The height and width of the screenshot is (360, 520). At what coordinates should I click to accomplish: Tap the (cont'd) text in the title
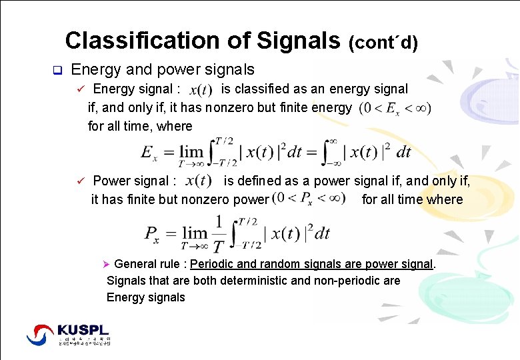[x=383, y=43]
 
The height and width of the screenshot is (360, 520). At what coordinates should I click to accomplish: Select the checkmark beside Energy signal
[x=79, y=89]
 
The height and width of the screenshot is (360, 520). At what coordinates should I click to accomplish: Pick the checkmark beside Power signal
[x=79, y=181]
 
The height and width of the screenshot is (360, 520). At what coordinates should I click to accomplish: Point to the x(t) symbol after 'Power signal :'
[x=199, y=181]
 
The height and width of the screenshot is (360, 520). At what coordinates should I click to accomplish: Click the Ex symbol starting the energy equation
[x=151, y=153]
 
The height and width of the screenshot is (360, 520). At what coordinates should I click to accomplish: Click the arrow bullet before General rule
[x=111, y=265]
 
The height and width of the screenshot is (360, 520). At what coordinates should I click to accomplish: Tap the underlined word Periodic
[x=213, y=264]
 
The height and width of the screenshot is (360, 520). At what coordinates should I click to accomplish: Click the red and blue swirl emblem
[x=40, y=335]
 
